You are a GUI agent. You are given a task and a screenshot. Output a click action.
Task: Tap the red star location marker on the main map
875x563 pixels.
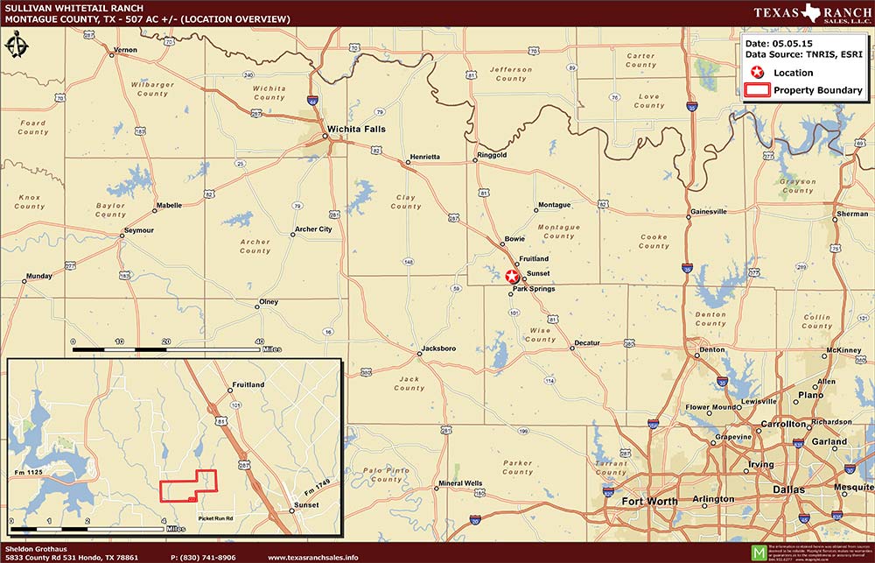click(x=513, y=276)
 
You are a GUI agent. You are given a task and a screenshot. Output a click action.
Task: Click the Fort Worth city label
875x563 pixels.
click(x=649, y=502)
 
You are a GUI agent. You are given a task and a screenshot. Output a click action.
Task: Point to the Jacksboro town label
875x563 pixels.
click(x=438, y=348)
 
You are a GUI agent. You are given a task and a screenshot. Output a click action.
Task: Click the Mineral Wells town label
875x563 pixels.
click(x=459, y=483)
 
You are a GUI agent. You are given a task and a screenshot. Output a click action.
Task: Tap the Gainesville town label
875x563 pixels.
click(x=708, y=212)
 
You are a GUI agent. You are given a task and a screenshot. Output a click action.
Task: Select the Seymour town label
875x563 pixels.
click(x=138, y=230)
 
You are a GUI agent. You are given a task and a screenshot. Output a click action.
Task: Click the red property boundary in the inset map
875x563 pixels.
click(x=188, y=484)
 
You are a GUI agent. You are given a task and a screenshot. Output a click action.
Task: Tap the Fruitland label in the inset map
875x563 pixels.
click(x=248, y=385)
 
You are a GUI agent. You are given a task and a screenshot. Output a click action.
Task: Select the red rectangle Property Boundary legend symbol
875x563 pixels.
click(x=757, y=90)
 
